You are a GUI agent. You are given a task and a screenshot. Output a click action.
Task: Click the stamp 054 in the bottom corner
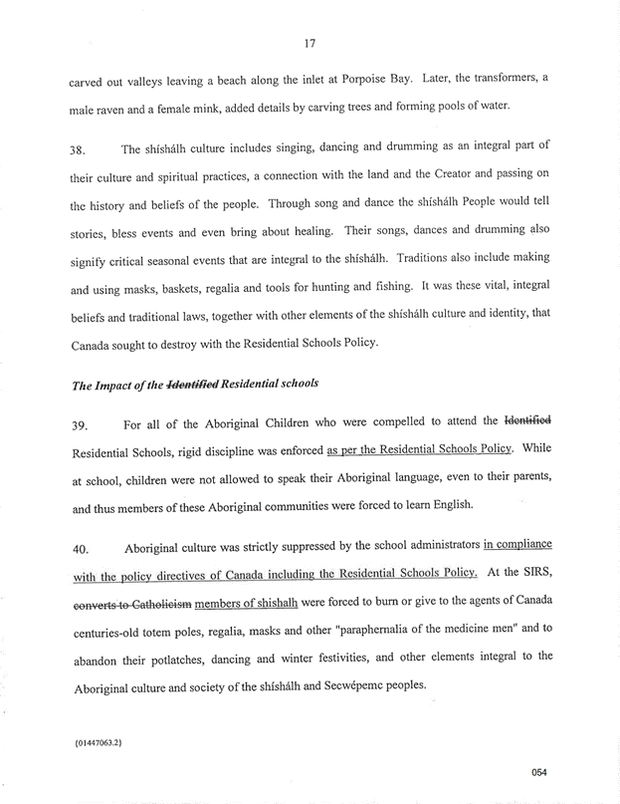pos(539,772)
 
